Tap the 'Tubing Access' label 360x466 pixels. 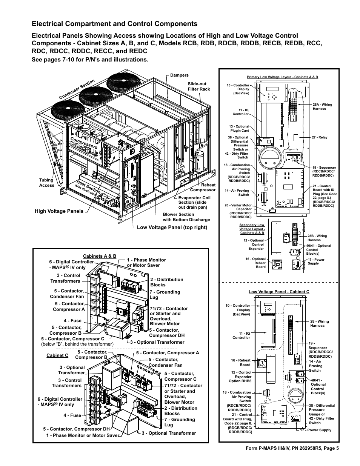(46, 183)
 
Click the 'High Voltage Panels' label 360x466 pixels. (59, 211)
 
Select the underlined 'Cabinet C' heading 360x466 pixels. (57, 355)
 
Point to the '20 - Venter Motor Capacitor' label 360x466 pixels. (238, 211)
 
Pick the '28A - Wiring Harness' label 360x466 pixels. (322, 107)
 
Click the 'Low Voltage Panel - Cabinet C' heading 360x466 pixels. (278, 292)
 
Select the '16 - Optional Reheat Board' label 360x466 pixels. (255, 263)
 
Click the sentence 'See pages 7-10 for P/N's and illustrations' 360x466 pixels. (90, 60)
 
